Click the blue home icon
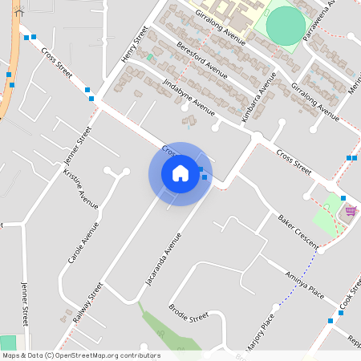click(x=180, y=173)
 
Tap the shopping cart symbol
click(x=351, y=211)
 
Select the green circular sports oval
click(x=286, y=25)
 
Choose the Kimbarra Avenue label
click(x=259, y=97)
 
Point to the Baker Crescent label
click(x=298, y=229)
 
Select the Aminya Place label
click(x=303, y=286)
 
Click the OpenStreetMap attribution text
click(x=81, y=355)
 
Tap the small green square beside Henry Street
click(x=149, y=57)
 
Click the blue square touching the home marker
click(x=205, y=176)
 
